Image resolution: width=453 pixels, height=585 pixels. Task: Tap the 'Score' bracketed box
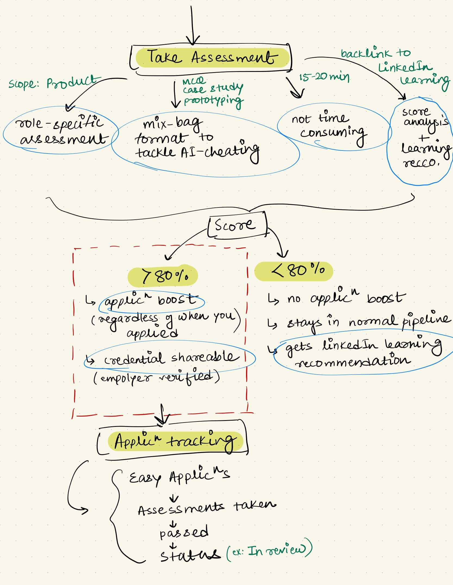[x=235, y=225]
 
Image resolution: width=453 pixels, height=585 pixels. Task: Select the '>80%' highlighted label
[x=163, y=276]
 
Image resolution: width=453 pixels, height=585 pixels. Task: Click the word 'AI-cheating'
[x=220, y=152]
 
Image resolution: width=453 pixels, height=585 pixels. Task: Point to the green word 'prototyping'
[x=213, y=101]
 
